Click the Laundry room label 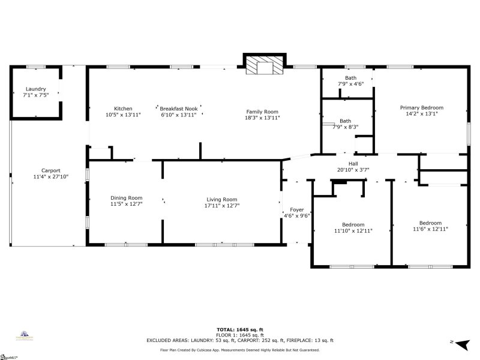coord(35,89)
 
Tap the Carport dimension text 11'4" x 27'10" coord(51,177)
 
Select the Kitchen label coord(123,109)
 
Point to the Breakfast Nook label coord(178,109)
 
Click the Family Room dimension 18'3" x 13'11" coord(262,118)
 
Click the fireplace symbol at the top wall coord(262,65)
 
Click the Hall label coord(353,163)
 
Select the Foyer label coord(296,210)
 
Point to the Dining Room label coord(126,198)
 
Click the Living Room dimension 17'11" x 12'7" coord(221,205)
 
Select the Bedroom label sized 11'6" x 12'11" coord(430,223)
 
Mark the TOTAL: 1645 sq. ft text coord(240,329)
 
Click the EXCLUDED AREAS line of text coord(240,340)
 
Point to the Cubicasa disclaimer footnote coord(240,350)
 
